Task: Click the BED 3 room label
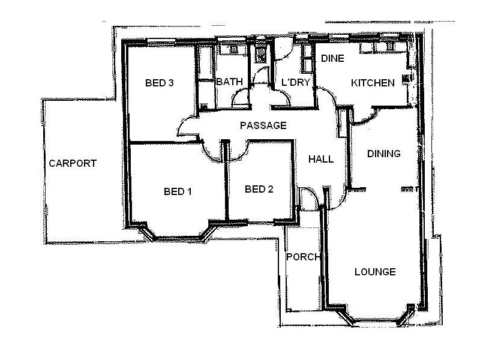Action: point(160,83)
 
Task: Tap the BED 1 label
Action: point(178,192)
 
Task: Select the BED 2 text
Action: point(259,190)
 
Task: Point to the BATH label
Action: point(229,82)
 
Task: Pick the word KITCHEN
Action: point(373,83)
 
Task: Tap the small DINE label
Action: point(332,59)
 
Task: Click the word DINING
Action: point(383,154)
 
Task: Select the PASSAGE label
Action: point(263,126)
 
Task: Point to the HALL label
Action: point(321,159)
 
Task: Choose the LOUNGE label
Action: point(375,272)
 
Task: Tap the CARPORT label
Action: point(73,163)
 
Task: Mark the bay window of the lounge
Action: point(378,318)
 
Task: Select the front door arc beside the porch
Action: point(307,198)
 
